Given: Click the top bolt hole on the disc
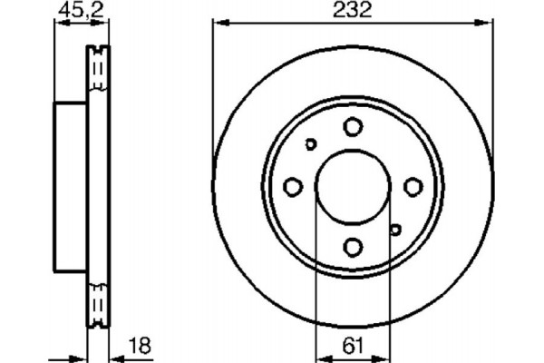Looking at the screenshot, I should [353, 128].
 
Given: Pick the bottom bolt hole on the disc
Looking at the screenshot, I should [353, 246].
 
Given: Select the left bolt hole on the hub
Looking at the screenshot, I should [293, 187].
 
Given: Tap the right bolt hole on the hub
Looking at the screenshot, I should [413, 187].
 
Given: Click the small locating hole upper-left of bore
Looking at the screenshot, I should [311, 144].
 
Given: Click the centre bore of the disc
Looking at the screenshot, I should [353, 187].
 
